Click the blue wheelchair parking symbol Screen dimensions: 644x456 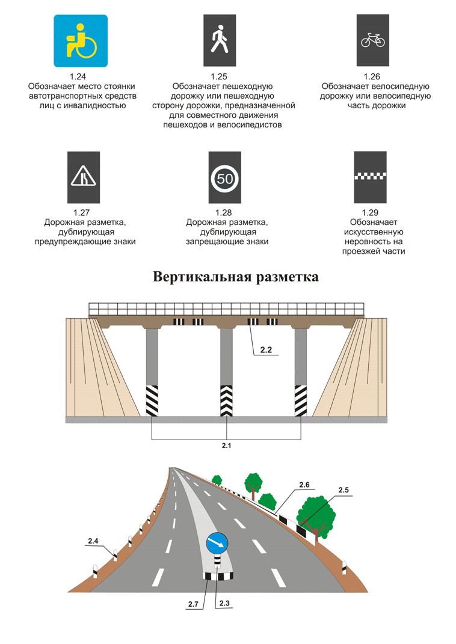point(81,40)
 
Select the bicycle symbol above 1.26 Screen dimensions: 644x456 point(373,40)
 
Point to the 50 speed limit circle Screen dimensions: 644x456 point(224,178)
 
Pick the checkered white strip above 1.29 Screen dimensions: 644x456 point(373,176)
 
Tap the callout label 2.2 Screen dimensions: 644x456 point(267,349)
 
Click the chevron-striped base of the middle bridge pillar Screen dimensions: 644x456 point(226,400)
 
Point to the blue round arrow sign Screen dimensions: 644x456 point(217,544)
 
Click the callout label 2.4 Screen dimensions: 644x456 point(93,542)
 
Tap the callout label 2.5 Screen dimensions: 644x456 point(344,491)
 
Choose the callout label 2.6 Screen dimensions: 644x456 point(304,485)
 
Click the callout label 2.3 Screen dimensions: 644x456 point(224,603)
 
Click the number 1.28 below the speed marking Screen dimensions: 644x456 point(224,213)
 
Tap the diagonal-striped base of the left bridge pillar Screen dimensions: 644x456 point(152,400)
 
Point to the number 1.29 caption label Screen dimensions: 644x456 point(373,213)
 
